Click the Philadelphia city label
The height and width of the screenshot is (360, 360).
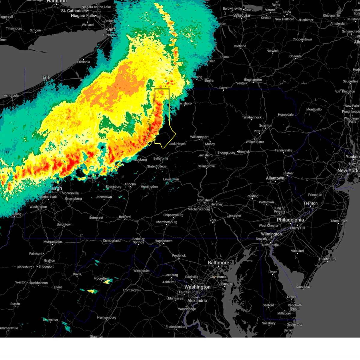tap(290, 220)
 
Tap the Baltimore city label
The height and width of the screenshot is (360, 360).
tap(218, 263)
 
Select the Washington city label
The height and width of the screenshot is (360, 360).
tap(197, 287)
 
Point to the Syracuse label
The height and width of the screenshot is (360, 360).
tap(241, 15)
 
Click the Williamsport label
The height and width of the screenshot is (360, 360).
tap(199, 137)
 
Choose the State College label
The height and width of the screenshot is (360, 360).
tap(157, 166)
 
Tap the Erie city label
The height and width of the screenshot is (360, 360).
tap(46, 77)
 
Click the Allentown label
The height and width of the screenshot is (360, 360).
tap(275, 178)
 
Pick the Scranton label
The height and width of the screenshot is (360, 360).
tap(265, 126)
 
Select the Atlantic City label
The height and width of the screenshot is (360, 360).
tap(327, 259)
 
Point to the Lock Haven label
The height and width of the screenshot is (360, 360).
tap(177, 144)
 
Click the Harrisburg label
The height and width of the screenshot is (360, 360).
tap(205, 200)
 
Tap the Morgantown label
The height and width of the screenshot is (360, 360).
tap(52, 242)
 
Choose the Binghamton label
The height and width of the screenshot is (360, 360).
tap(253, 80)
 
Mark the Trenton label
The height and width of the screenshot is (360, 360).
tap(310, 203)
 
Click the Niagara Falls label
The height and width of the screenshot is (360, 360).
tap(83, 16)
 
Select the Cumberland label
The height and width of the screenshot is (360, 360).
tap(112, 241)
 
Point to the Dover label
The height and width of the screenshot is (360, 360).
tap(272, 272)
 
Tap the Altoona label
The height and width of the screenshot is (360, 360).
tap(130, 184)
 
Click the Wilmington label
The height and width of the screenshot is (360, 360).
tap(271, 234)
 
